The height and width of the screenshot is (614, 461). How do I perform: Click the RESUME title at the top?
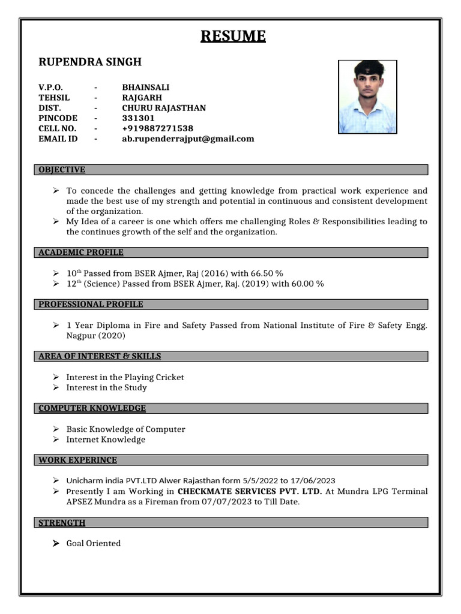pos(233,37)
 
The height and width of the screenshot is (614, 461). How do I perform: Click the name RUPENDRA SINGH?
pos(90,62)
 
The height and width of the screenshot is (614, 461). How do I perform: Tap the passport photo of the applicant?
pos(367,97)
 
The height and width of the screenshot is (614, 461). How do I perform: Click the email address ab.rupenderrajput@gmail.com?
pos(188,139)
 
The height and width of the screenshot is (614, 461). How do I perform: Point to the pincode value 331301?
pos(138,118)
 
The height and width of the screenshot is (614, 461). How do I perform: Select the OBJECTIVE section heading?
pos(62,170)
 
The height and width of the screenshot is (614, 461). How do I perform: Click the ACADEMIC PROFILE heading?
pos(81,252)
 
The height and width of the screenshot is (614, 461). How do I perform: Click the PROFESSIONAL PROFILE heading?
pos(91,304)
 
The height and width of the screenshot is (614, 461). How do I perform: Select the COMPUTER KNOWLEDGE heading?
pos(92,408)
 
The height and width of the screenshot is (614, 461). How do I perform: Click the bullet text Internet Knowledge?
pos(106,440)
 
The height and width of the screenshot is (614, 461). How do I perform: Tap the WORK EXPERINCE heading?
pos(77,460)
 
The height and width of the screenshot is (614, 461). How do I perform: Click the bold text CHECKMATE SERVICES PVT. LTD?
pos(250,491)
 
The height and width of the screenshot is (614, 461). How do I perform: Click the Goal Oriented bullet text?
pos(93,543)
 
